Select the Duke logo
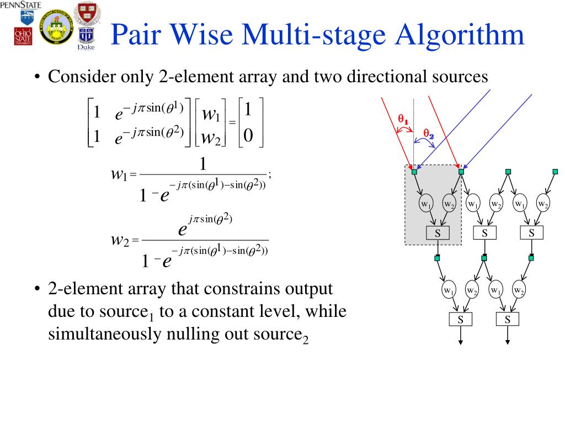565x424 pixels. click(x=86, y=40)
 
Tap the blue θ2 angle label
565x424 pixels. click(x=429, y=132)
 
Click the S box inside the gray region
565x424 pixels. click(x=437, y=232)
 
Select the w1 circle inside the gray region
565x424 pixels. click(x=425, y=204)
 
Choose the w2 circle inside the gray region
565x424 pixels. click(x=450, y=204)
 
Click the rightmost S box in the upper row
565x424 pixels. click(x=531, y=232)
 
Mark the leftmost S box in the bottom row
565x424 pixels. click(x=461, y=319)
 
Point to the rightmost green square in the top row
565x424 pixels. click(x=555, y=171)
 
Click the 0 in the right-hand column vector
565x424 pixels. click(x=248, y=135)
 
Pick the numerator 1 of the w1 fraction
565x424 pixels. click(x=202, y=165)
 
